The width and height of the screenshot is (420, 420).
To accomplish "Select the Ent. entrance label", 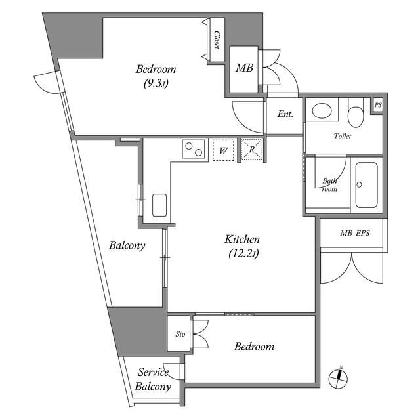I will click(x=285, y=114).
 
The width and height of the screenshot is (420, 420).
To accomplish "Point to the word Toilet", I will click(x=343, y=136).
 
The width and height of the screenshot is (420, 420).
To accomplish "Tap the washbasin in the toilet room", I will click(x=322, y=110).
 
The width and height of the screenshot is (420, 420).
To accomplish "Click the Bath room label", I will click(x=329, y=184).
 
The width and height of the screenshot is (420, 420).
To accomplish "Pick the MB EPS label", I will click(x=354, y=233).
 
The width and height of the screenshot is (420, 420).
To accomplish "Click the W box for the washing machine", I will click(x=224, y=151).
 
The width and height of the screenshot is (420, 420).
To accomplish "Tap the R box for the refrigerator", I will click(x=252, y=150).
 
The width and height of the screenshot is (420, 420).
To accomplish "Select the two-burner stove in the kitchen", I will click(x=193, y=150).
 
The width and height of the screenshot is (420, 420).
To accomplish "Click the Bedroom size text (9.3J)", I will click(x=156, y=83).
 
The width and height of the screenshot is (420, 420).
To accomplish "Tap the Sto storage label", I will click(x=180, y=334).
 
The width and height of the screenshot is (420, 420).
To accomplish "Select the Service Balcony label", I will click(x=153, y=379).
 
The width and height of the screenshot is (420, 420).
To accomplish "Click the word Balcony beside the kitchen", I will click(x=127, y=246).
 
